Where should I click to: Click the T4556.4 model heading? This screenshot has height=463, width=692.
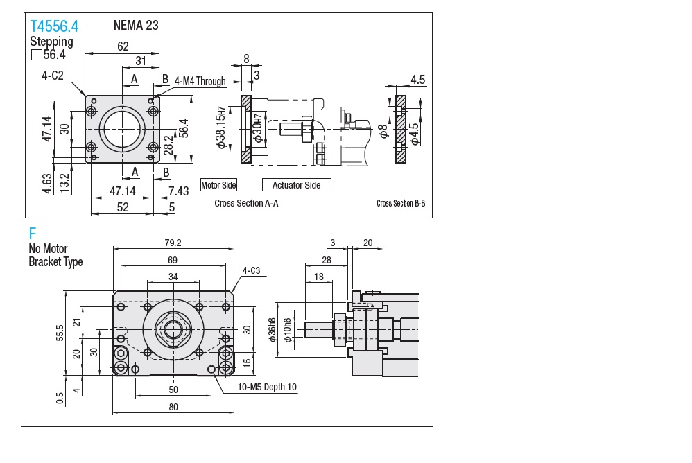[x=54, y=26]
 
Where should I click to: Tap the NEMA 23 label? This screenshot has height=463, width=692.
[x=136, y=26]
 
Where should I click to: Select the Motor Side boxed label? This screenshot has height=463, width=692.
[x=218, y=185]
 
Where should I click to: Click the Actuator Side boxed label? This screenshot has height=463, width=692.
[x=296, y=185]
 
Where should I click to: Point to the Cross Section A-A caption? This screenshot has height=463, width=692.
[x=246, y=204]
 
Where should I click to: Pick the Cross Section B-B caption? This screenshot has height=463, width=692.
[x=401, y=204]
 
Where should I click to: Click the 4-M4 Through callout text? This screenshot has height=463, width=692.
[x=200, y=81]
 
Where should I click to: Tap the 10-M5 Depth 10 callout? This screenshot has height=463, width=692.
[x=267, y=387]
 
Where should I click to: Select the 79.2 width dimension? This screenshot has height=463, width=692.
[x=173, y=243]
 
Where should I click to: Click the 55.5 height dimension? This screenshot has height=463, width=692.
[x=61, y=333]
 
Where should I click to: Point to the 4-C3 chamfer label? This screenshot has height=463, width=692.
[x=251, y=270]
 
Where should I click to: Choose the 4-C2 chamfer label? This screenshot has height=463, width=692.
[x=53, y=76]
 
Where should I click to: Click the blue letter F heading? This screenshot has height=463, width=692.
[x=32, y=234]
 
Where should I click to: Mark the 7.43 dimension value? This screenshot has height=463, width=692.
[x=178, y=191]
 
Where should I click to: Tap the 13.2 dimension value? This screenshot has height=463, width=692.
[x=64, y=183]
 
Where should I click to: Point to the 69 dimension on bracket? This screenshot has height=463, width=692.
[x=173, y=260]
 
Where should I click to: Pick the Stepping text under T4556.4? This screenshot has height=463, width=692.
[x=51, y=41]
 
